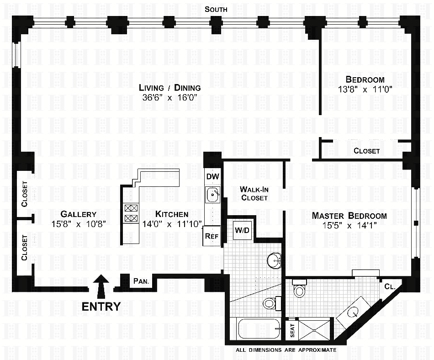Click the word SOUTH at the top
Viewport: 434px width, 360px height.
click(216, 9)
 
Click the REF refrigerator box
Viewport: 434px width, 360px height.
click(211, 236)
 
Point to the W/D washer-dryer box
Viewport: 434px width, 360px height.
click(242, 230)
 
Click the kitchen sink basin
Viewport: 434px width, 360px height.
click(212, 195)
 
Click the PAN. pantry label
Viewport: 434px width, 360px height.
click(141, 281)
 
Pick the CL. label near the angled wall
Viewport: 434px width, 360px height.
click(390, 287)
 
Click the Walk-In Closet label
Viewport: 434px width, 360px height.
click(254, 193)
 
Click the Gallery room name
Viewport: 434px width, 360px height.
click(79, 214)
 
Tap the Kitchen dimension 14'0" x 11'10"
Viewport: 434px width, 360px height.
click(171, 224)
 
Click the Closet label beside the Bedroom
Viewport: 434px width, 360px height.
click(366, 151)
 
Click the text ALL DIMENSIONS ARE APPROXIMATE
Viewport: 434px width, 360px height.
click(286, 350)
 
